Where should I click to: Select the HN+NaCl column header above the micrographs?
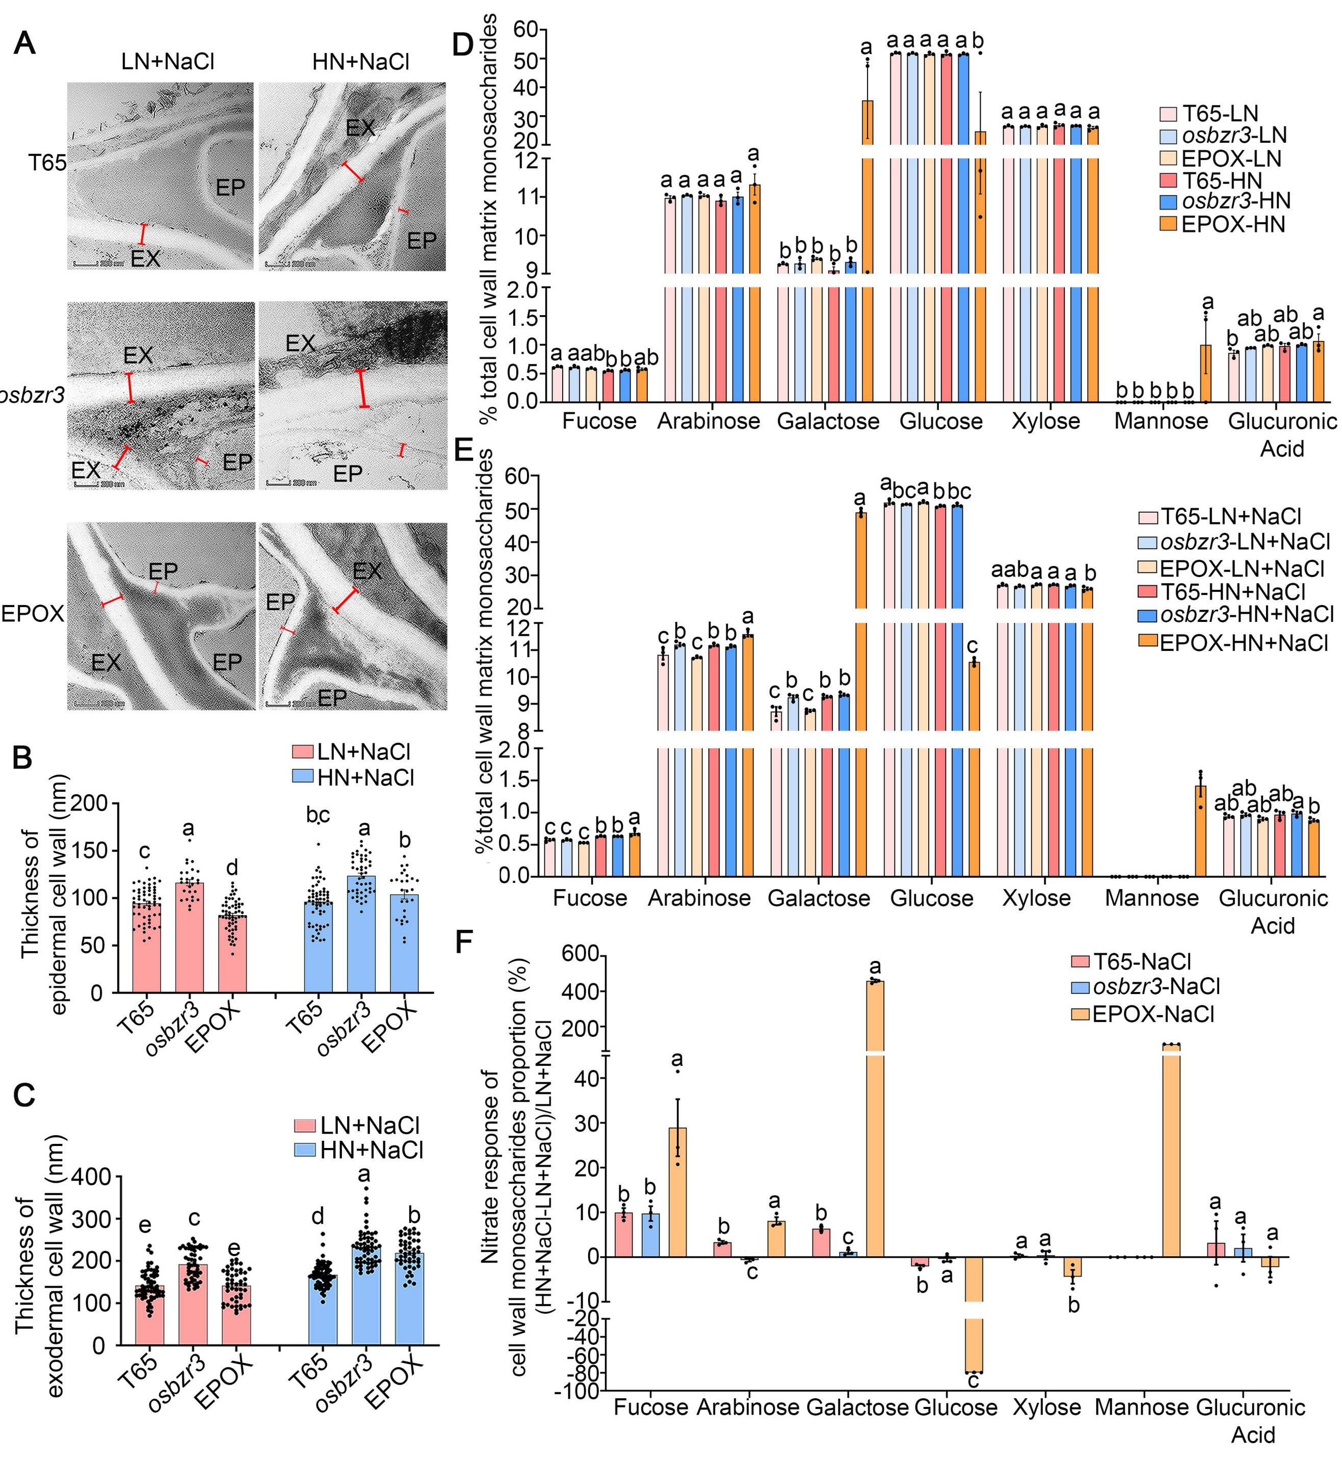[x=360, y=62]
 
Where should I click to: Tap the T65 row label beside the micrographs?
[x=47, y=163]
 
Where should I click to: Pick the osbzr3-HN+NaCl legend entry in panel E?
[x=1246, y=614]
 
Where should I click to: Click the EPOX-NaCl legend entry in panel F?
[x=1152, y=1014]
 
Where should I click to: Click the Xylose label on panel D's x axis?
[x=1046, y=421]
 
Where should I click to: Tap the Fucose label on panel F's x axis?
[x=651, y=1407]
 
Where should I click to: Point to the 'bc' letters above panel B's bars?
[x=318, y=816]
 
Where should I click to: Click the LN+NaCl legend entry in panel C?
[x=370, y=1126]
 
